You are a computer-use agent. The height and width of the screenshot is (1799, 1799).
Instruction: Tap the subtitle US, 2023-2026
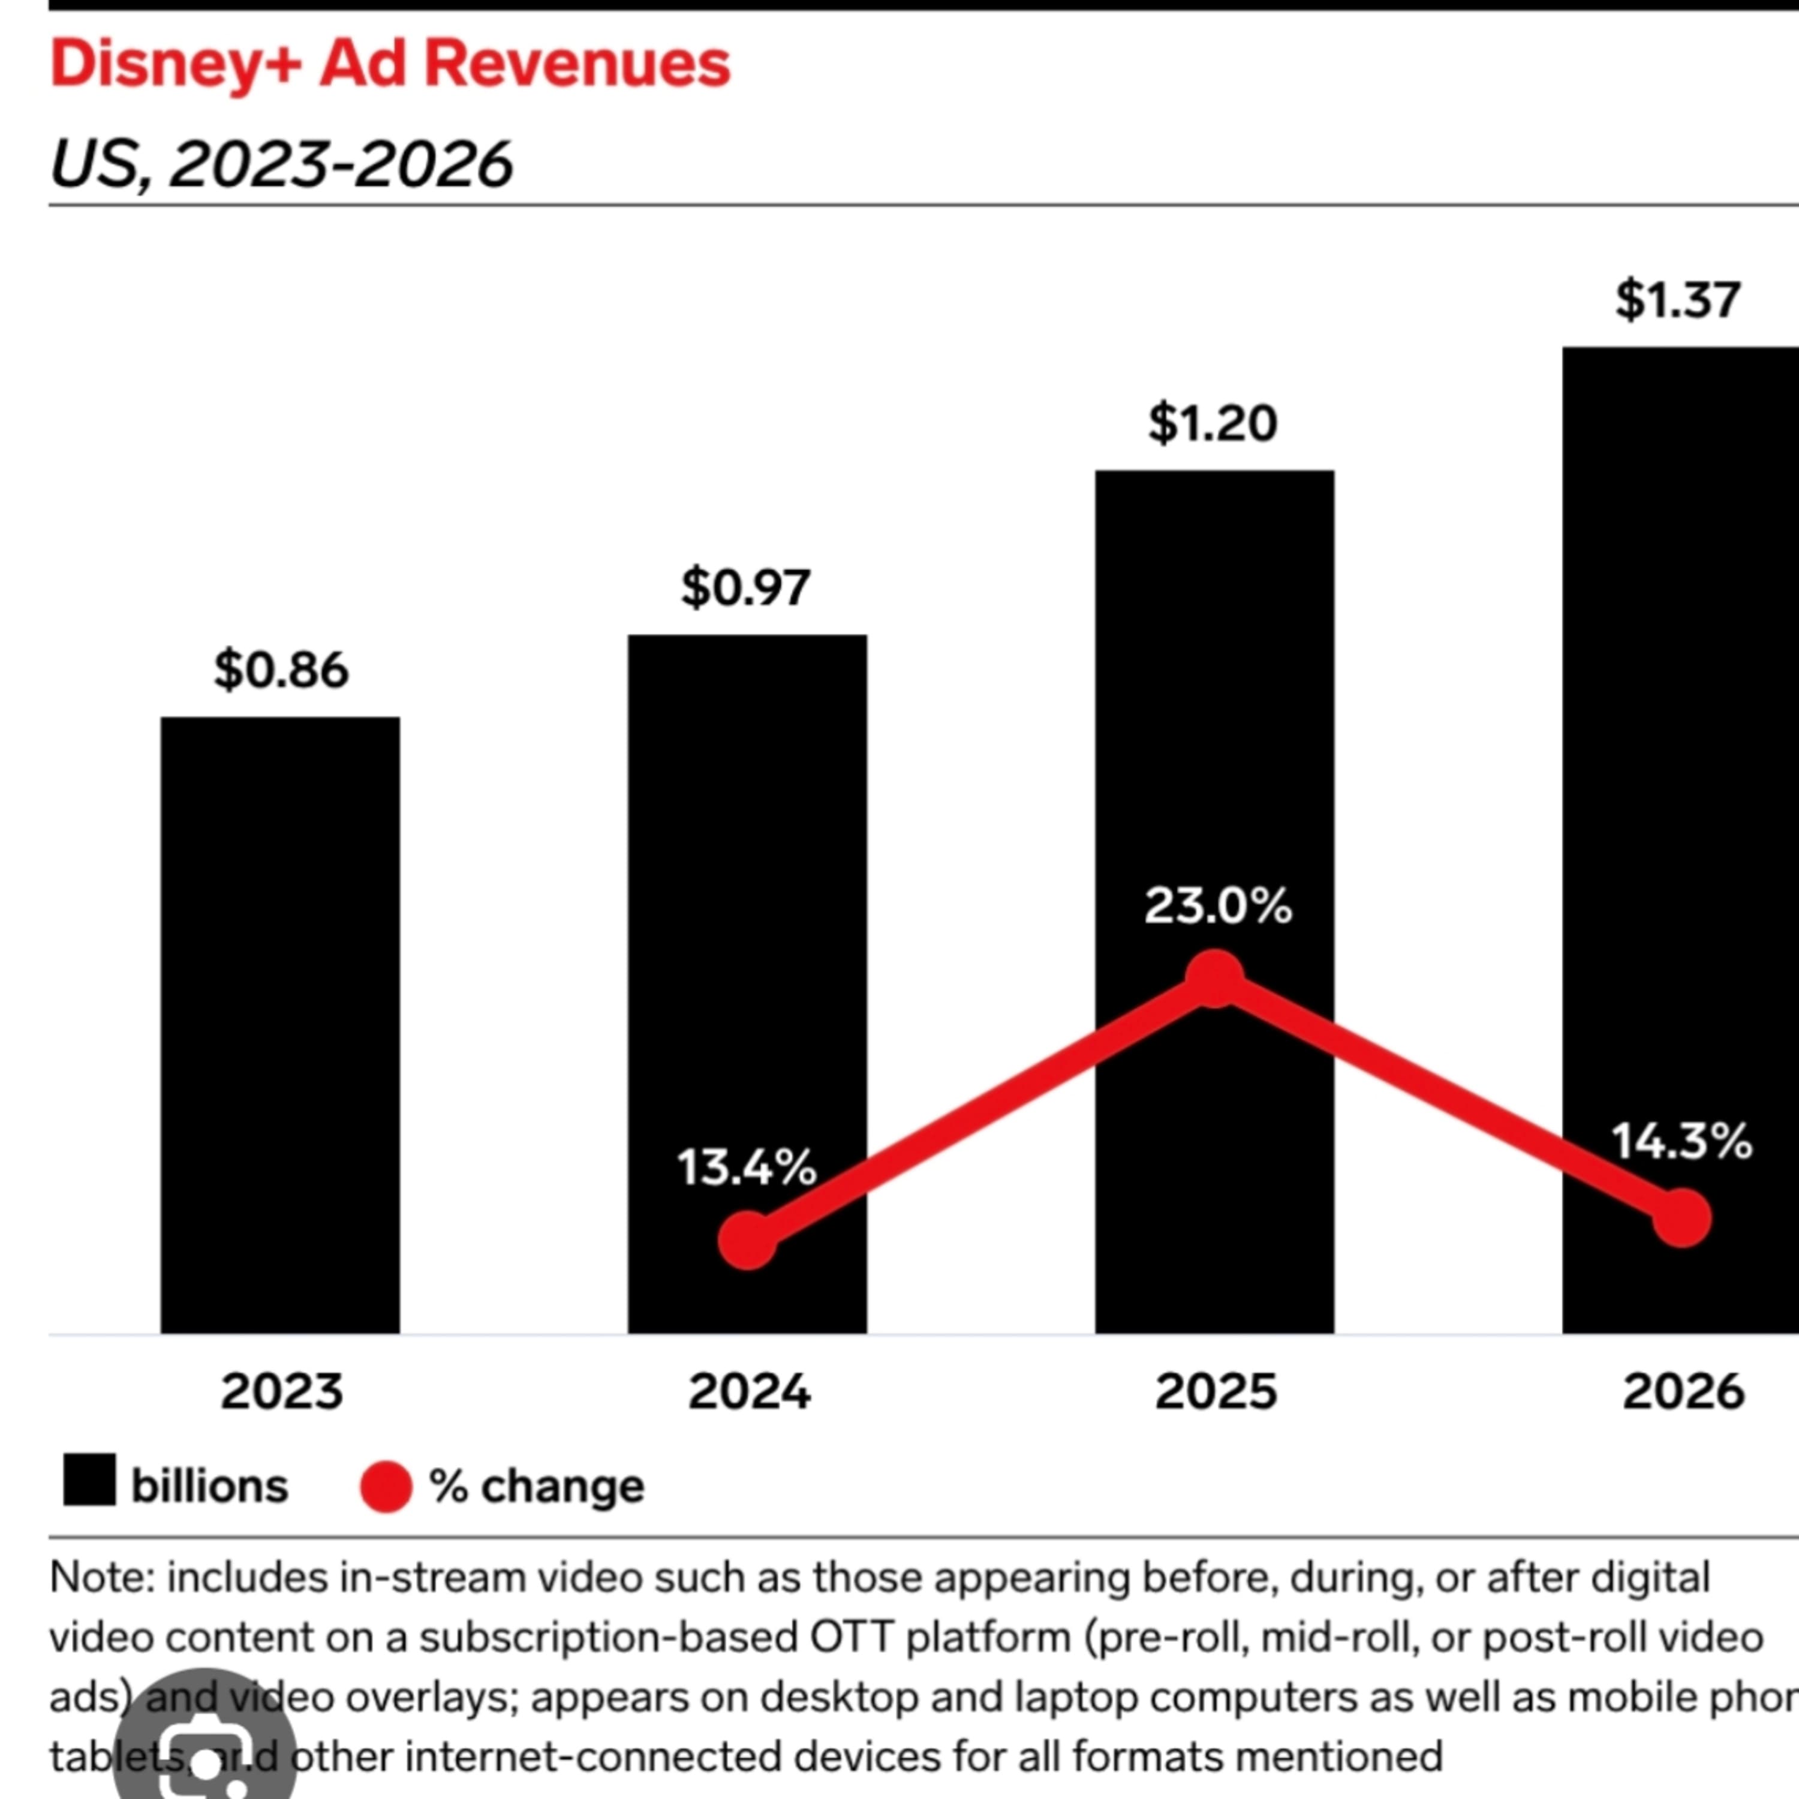tap(280, 164)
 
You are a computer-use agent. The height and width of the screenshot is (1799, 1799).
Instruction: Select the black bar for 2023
tap(280, 1024)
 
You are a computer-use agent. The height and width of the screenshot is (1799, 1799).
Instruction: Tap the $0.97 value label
tap(746, 588)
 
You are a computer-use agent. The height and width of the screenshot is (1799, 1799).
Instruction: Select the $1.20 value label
tap(1213, 424)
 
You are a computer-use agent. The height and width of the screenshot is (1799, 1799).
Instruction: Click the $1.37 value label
tap(1678, 300)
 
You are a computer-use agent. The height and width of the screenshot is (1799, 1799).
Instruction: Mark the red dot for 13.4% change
tap(748, 1240)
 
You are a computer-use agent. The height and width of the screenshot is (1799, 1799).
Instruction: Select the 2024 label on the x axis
tap(748, 1392)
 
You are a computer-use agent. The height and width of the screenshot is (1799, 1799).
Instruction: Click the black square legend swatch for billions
tap(89, 1479)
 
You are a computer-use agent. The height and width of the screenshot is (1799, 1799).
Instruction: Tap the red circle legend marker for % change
tap(386, 1486)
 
